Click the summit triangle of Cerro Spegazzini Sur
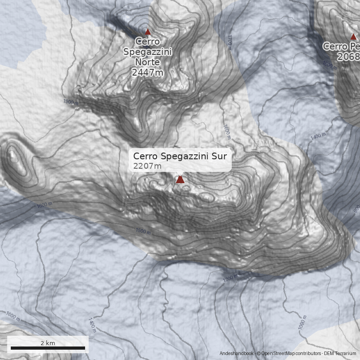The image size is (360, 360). click(x=180, y=180)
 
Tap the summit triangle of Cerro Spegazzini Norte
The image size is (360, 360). click(x=148, y=32)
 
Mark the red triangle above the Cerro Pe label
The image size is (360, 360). click(x=353, y=37)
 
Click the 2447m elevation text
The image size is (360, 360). click(x=147, y=72)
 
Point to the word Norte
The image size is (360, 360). click(x=148, y=62)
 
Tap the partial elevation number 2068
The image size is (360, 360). click(x=350, y=57)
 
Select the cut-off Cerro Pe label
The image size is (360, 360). click(x=342, y=46)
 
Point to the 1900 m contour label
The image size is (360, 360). click(x=71, y=103)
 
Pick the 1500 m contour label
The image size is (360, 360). click(x=143, y=231)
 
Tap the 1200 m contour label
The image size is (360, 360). click(x=230, y=279)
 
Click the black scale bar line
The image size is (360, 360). click(x=48, y=348)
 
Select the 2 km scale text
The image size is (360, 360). click(x=48, y=342)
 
